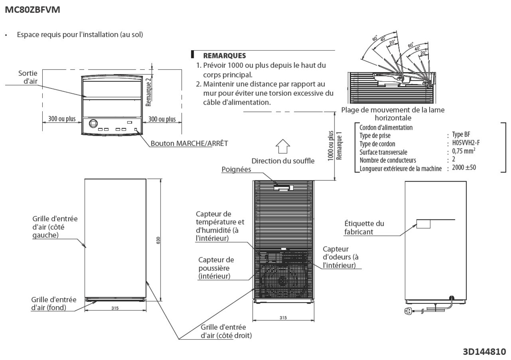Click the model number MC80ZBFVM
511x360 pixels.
coord(33,10)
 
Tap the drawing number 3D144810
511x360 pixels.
coord(484,352)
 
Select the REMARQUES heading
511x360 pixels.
coord(224,56)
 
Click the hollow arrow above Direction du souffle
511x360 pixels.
coord(283,146)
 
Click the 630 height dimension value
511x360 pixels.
coord(158,240)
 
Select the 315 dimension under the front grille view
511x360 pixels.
coord(283,318)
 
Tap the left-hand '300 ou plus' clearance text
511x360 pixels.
coord(62,119)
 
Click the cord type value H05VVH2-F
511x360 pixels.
coord(466,143)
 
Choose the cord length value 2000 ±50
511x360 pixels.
coord(464,168)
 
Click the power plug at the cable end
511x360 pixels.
coord(408,311)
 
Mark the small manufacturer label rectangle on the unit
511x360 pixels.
coord(423,224)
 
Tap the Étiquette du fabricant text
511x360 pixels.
coord(364,227)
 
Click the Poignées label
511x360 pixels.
coord(236,169)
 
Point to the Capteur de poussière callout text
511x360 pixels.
coord(216,268)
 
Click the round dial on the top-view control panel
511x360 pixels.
coord(92,123)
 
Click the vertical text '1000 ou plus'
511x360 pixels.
coord(331,146)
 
